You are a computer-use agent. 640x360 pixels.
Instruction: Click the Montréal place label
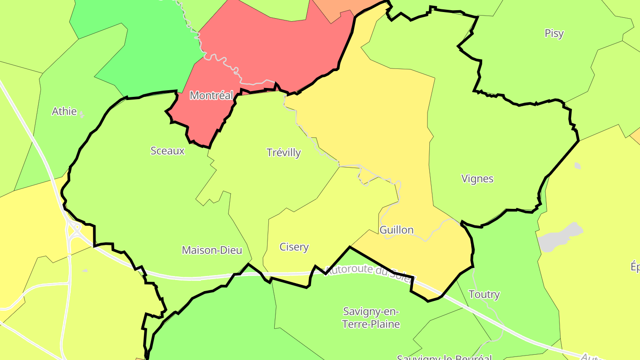212,96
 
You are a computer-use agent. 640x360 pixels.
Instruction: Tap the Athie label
64,112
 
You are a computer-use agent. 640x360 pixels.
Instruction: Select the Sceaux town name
168,151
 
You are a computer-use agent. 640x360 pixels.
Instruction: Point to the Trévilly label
284,153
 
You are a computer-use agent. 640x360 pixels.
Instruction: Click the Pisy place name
554,34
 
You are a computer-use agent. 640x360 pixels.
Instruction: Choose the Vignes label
477,179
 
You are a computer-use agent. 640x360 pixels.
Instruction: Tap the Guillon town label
396,230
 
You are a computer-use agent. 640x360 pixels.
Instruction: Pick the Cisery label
294,247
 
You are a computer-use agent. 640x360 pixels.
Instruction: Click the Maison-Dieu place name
212,251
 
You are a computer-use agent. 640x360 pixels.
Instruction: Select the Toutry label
484,295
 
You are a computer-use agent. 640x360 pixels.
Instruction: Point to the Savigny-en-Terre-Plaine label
371,318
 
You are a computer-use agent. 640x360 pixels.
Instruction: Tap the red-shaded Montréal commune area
267,49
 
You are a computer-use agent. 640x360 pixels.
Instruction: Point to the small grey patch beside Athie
81,115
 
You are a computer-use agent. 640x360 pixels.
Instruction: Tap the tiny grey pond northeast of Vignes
577,166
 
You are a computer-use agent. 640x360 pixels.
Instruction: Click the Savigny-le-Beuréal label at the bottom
444,357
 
